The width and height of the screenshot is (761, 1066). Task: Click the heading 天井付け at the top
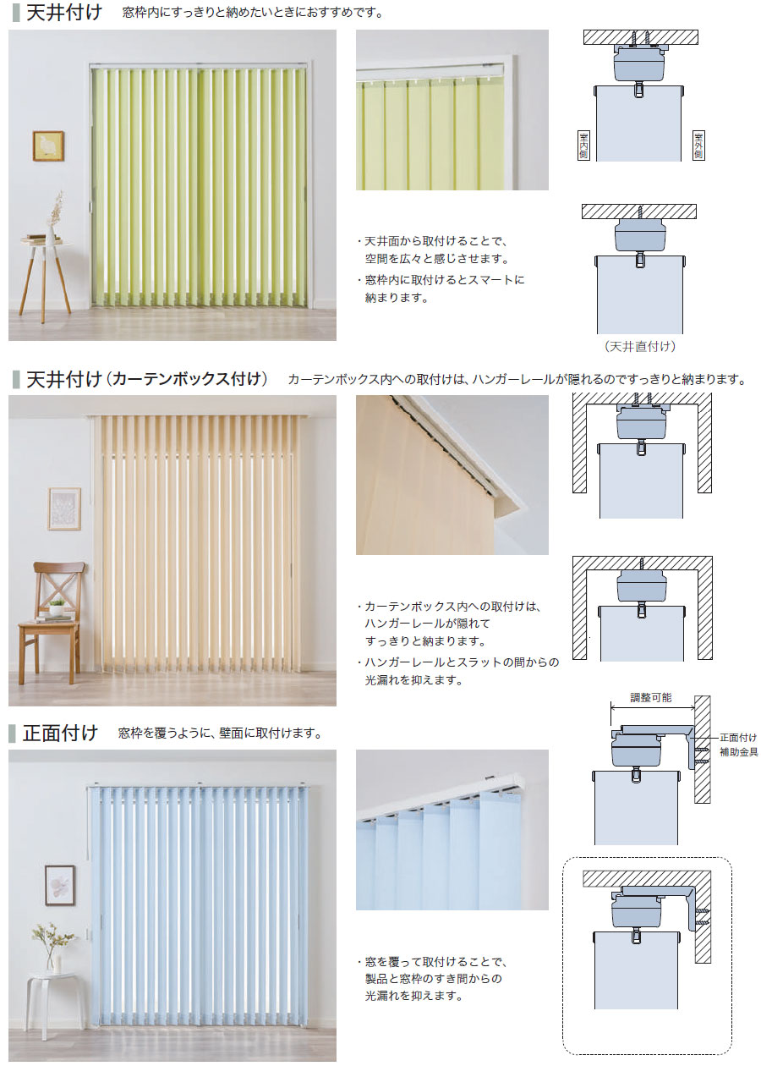pos(63,14)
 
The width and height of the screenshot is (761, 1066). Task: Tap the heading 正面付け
pos(61,733)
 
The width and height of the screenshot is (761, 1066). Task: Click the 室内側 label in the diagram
pos(583,146)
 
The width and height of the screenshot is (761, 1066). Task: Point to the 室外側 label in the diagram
pos(698,146)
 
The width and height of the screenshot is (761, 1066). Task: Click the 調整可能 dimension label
pos(651,698)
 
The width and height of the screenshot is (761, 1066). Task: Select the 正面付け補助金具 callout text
pos(738,744)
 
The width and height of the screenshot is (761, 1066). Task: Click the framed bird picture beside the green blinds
pos(48,146)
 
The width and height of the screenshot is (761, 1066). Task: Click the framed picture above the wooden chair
pos(64,508)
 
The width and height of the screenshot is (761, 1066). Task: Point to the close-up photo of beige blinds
pos(452,475)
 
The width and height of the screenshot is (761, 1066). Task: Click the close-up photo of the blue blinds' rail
pos(452,829)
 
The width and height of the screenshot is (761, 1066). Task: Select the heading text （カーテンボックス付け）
pos(188,379)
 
